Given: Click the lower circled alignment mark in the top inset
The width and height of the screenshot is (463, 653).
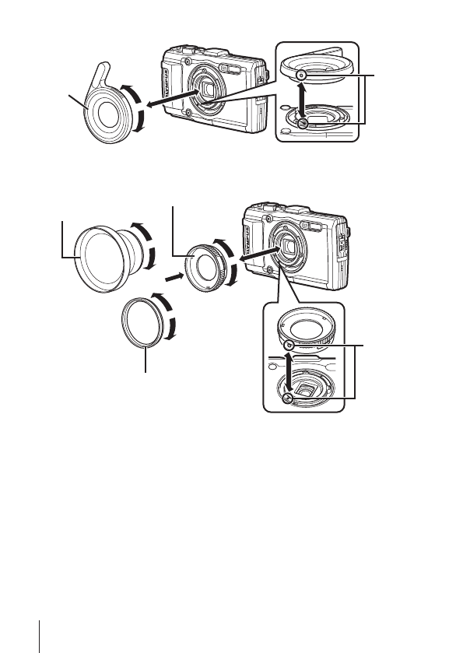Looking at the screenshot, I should (303, 123).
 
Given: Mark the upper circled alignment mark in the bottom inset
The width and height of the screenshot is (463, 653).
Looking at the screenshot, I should (289, 344).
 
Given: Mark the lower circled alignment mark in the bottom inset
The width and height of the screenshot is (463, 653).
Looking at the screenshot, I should (289, 398).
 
